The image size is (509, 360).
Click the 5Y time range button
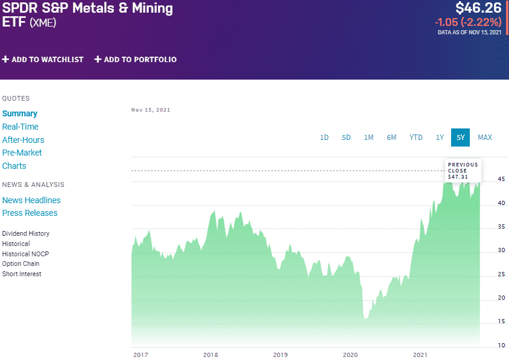point(461,137)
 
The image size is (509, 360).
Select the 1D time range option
point(324,137)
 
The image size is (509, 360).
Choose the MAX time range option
point(485,137)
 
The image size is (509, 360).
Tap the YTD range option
point(416,137)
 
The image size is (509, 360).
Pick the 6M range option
point(391,137)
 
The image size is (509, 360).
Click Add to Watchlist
point(43,60)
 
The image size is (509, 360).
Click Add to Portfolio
point(136,60)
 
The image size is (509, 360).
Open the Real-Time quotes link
point(21,127)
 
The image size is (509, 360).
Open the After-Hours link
point(23,140)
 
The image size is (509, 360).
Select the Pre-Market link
point(22,153)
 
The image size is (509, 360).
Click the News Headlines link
point(31,200)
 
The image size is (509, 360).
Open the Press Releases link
point(30,213)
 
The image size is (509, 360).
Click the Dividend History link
point(26,233)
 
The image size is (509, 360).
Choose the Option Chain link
point(21,264)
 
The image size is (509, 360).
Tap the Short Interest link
point(22,274)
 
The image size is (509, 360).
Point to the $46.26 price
point(478,8)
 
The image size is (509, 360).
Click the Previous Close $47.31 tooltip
point(463,170)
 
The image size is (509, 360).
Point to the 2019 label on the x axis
point(280,355)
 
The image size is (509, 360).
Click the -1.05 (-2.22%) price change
point(468,22)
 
